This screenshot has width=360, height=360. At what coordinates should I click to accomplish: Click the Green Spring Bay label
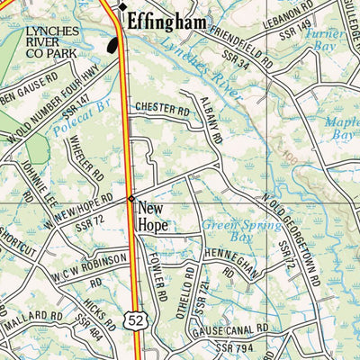(x=233, y=229)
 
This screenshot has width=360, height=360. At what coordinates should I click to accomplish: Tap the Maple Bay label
(x=341, y=127)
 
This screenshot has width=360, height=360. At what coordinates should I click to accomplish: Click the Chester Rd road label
(x=163, y=108)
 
